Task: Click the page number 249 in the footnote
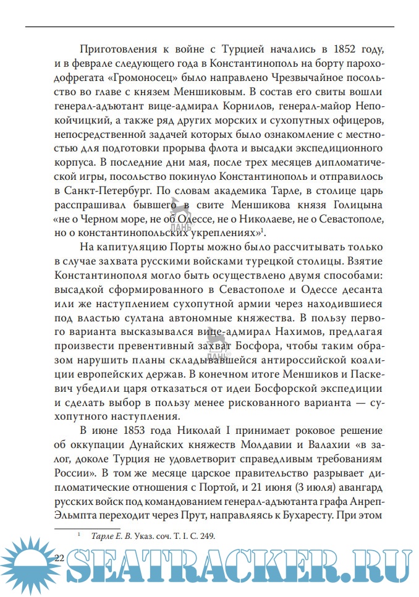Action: pos(206,536)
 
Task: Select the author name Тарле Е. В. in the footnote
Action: pos(110,536)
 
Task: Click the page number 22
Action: pos(60,557)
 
